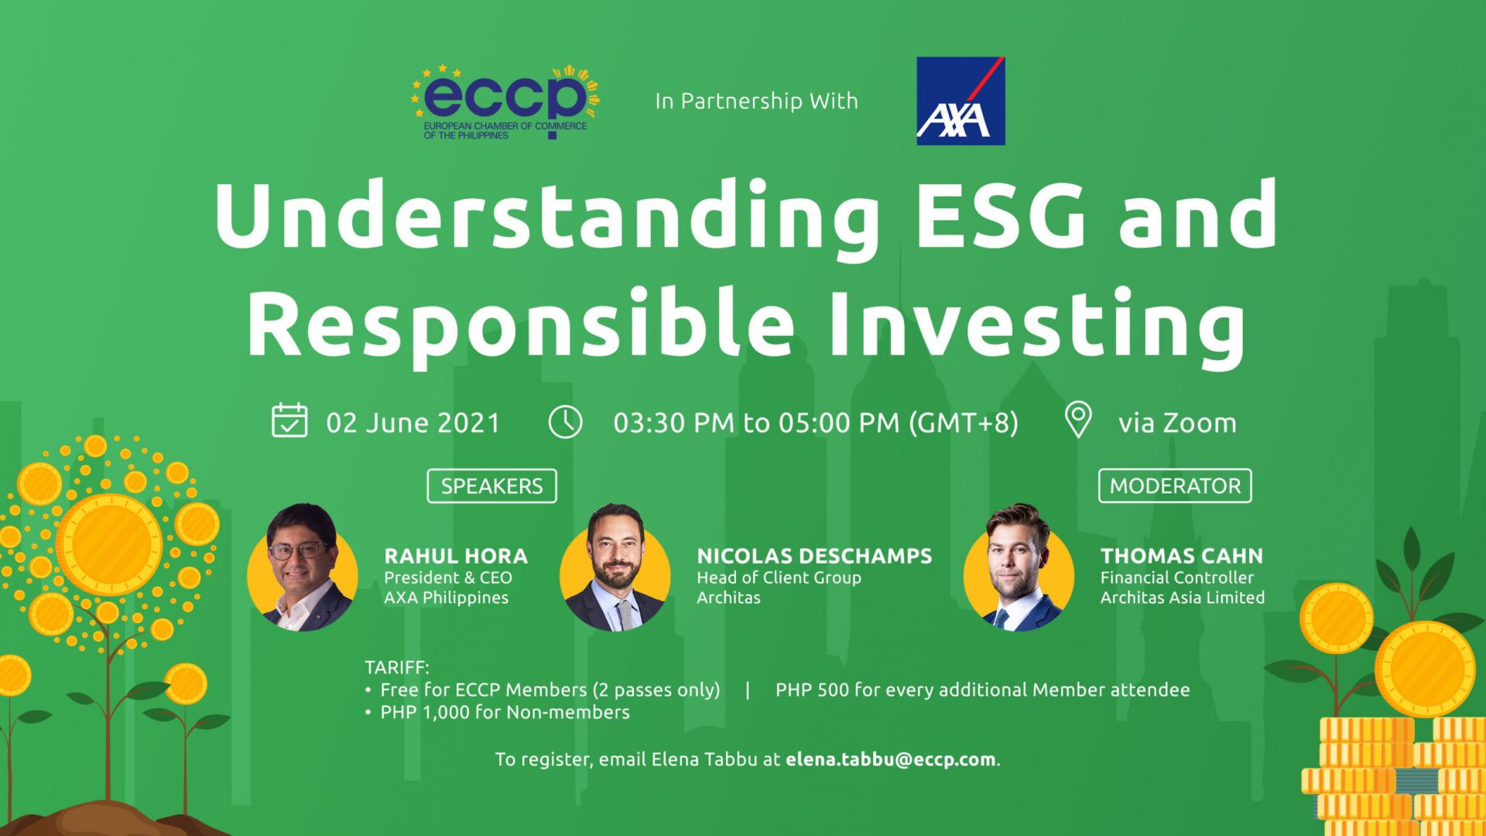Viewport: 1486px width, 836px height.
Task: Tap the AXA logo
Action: (960, 101)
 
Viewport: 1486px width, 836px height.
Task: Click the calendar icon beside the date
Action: (290, 420)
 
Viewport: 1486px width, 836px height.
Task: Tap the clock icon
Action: (565, 422)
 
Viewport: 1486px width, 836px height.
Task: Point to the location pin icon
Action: (1078, 420)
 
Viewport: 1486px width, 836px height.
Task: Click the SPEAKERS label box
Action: (491, 486)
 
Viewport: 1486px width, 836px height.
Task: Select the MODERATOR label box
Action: (1175, 486)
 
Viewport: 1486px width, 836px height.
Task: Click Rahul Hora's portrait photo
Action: (303, 567)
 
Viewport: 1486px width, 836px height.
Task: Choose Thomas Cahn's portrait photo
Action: (1019, 567)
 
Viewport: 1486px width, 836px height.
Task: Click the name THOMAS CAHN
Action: (1182, 556)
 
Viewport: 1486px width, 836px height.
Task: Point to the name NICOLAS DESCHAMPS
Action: (814, 556)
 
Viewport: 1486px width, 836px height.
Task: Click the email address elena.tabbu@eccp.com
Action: (891, 759)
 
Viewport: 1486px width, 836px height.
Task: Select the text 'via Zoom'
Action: (1177, 423)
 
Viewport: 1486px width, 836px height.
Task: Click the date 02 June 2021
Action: (413, 423)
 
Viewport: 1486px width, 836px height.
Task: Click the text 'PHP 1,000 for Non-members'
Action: (505, 712)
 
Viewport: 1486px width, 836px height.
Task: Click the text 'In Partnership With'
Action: (757, 101)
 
